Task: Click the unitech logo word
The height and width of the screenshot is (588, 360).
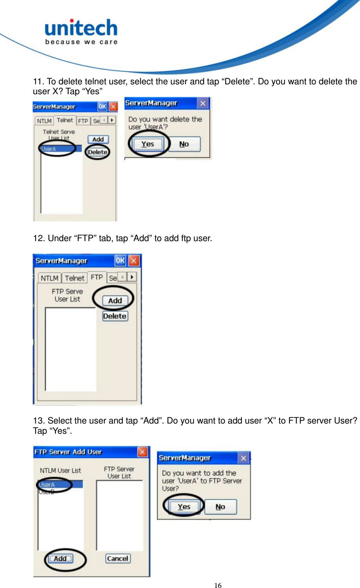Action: coord(81,28)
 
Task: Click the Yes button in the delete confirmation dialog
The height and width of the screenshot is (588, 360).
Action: coord(148,144)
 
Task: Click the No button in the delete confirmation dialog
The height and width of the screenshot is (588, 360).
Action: coord(184,144)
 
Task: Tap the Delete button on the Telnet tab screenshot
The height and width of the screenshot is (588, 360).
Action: coord(98,152)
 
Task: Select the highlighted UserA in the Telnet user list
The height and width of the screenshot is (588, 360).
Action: coord(56,149)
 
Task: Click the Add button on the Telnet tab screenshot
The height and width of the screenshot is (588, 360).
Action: coord(98,140)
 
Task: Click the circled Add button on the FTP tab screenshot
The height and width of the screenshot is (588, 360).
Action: coord(115,301)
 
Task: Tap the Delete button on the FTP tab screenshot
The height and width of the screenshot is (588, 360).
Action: coord(115,316)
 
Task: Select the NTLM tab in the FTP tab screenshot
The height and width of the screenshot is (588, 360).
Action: coord(49,278)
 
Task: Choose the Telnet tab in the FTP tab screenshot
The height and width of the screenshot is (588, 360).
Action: coord(75,278)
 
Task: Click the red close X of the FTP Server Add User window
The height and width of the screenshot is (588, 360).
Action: coord(142,452)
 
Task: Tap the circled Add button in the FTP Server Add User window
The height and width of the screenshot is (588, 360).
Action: coord(60,558)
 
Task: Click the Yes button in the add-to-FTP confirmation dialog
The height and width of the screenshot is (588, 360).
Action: coord(184,507)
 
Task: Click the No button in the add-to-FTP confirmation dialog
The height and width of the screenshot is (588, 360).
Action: coord(220,507)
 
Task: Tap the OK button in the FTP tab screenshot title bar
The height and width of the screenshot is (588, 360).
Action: coord(120,260)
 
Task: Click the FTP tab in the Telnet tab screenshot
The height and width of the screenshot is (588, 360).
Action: coord(83,121)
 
